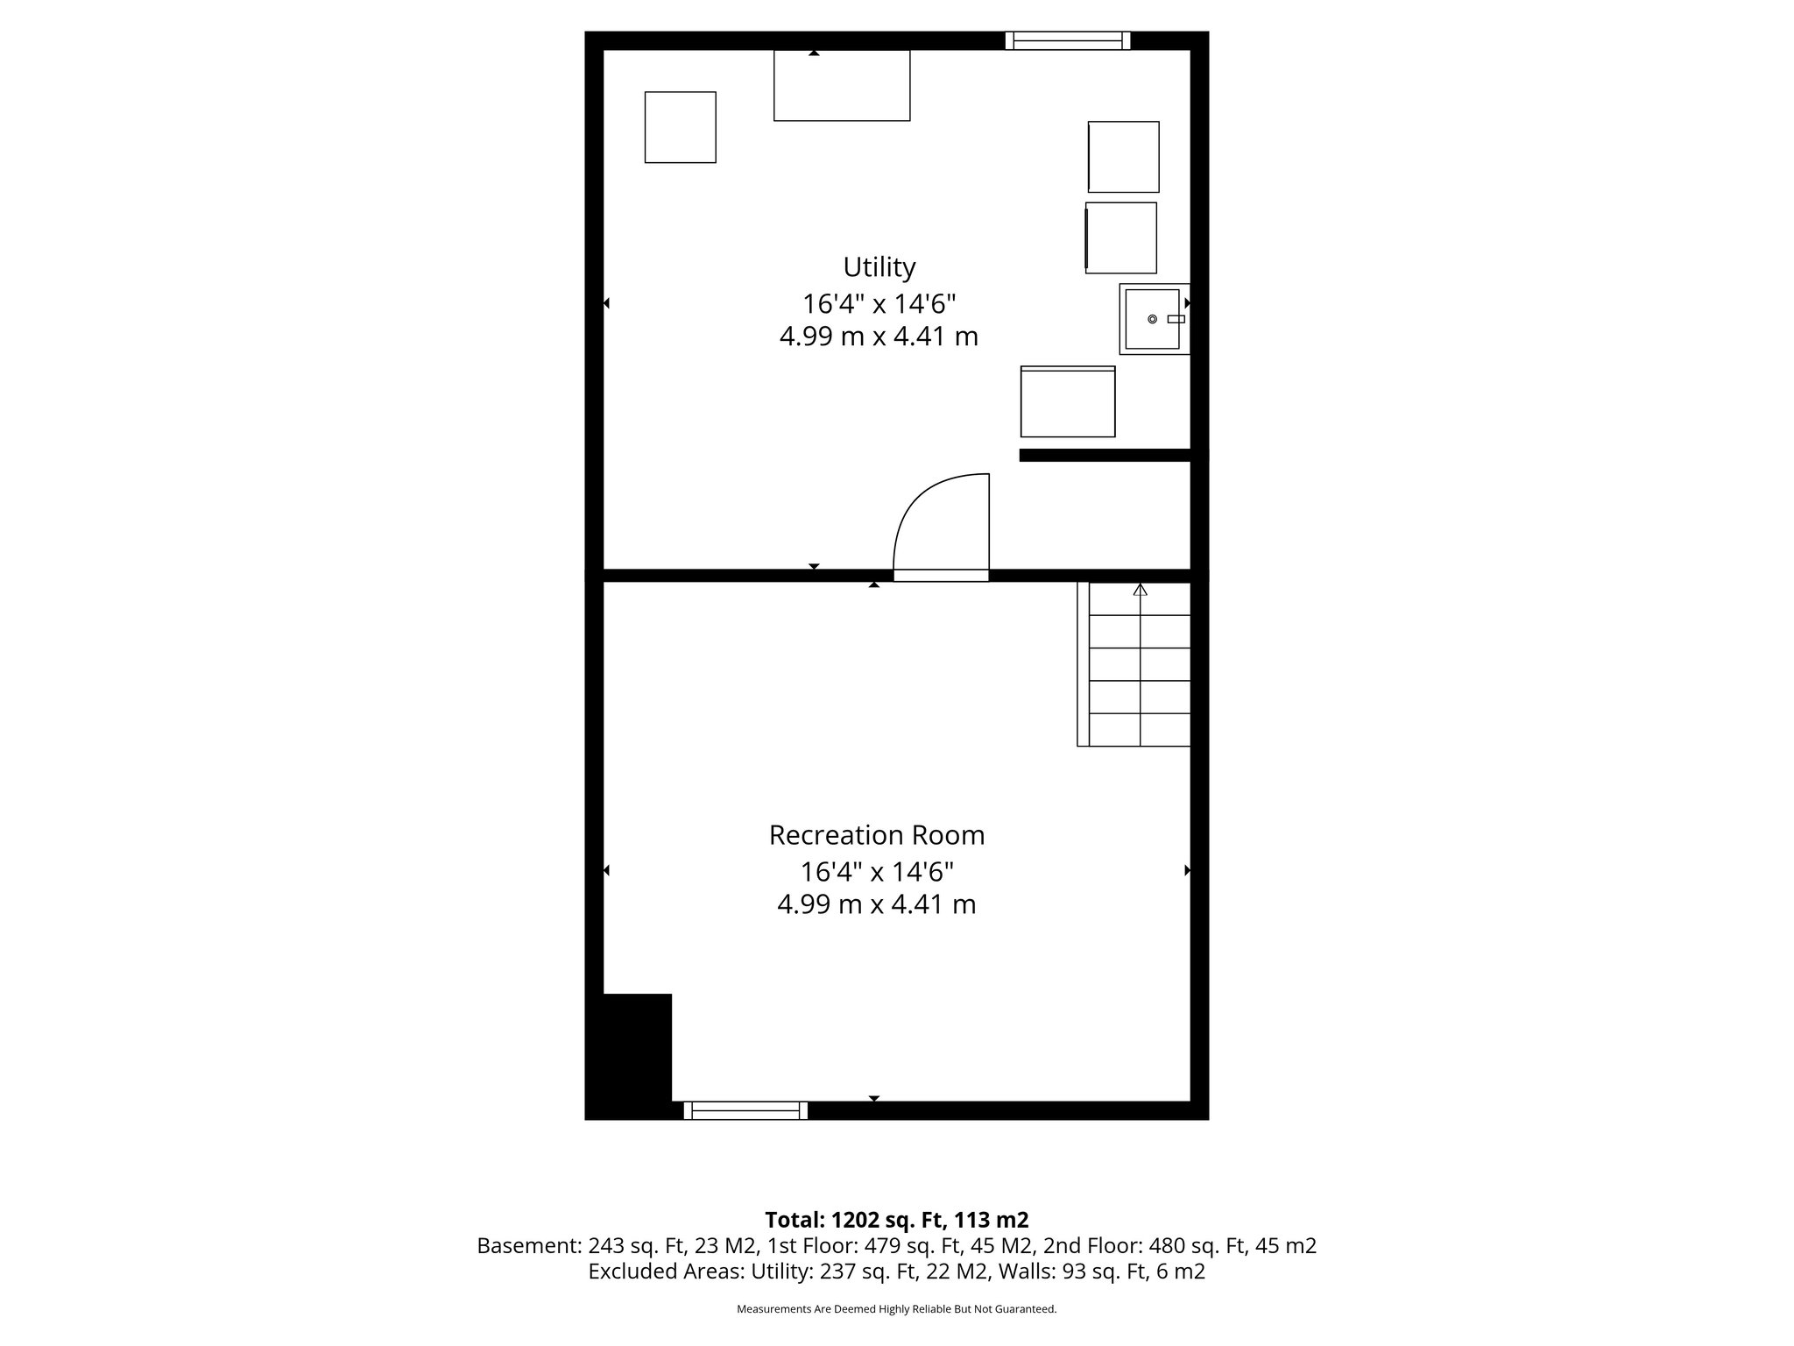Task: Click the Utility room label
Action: coord(879,266)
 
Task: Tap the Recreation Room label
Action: coord(877,835)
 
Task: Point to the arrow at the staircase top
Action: coord(1140,591)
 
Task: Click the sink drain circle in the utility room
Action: coord(1152,319)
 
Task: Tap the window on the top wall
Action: coord(1067,40)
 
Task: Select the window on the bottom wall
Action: coord(745,1111)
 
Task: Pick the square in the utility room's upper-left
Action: coord(681,127)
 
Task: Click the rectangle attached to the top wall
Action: coord(842,85)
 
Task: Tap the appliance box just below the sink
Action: coord(1068,402)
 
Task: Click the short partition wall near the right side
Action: coord(1105,455)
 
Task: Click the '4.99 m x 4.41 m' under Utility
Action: coord(879,336)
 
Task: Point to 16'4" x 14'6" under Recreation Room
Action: coord(877,872)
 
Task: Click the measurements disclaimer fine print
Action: coord(896,1309)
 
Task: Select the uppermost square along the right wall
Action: coord(1124,157)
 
